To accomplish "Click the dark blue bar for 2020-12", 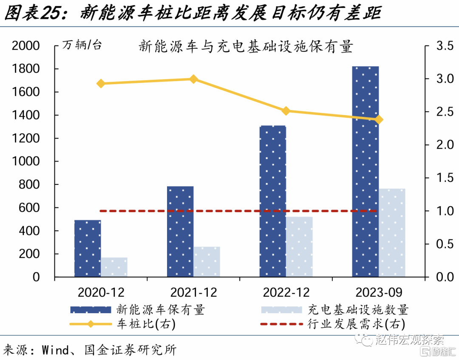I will tap(88, 248).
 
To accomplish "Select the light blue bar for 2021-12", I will tap(207, 261).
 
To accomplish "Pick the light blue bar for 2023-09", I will tap(392, 232).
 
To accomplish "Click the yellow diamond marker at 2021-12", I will tap(193, 79).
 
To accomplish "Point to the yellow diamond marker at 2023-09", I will tap(379, 120).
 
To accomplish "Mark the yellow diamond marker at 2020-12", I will tap(101, 83).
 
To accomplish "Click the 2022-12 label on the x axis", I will tap(286, 292).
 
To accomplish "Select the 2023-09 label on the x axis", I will tap(379, 292).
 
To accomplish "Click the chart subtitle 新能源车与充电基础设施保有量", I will tap(246, 46).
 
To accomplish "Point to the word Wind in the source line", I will tap(55, 350).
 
